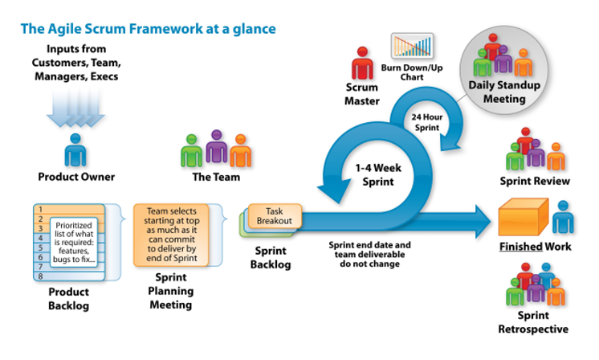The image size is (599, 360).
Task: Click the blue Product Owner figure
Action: click(x=75, y=149)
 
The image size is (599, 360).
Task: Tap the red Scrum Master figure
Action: click(x=362, y=63)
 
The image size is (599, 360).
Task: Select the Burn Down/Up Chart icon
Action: click(x=412, y=46)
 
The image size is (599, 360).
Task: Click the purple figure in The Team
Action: click(x=216, y=146)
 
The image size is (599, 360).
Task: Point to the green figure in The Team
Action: click(x=191, y=150)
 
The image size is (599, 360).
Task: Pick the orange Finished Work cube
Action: click(x=524, y=217)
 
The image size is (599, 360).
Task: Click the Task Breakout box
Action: click(x=275, y=216)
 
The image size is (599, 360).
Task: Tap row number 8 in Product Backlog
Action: click(x=69, y=276)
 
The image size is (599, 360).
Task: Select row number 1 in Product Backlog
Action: click(x=69, y=210)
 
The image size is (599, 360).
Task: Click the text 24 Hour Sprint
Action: click(x=426, y=122)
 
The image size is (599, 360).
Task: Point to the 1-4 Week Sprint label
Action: click(x=378, y=174)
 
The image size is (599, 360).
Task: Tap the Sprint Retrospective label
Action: click(x=533, y=322)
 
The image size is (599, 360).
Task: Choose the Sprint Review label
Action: click(x=535, y=181)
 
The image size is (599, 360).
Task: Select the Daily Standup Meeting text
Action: click(x=504, y=92)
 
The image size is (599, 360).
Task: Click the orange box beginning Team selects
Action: click(x=171, y=235)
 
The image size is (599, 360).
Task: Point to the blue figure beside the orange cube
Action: click(x=563, y=217)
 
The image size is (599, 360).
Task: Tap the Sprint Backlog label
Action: click(x=271, y=258)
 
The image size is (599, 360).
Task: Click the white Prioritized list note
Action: click(x=74, y=242)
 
